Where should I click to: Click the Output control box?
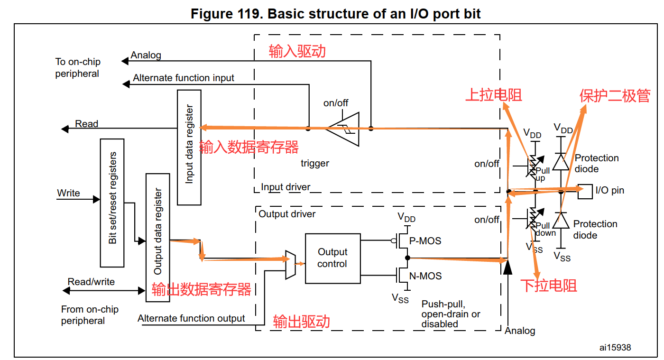(332, 258)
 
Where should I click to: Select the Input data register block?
(189, 147)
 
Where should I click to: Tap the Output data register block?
(158, 237)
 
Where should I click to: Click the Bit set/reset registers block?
(112, 203)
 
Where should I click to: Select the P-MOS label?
(425, 241)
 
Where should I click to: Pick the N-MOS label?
(425, 276)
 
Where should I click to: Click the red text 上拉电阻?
(493, 95)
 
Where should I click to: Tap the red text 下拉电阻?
(549, 286)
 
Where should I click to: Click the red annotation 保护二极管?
(615, 96)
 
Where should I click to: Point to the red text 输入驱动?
(297, 51)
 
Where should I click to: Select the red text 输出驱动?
(301, 322)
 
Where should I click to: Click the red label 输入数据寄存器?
(249, 148)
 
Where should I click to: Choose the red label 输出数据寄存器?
(201, 289)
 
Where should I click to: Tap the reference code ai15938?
(615, 348)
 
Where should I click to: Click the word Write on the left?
(69, 193)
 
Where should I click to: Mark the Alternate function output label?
(191, 318)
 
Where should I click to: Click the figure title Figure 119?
(335, 14)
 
